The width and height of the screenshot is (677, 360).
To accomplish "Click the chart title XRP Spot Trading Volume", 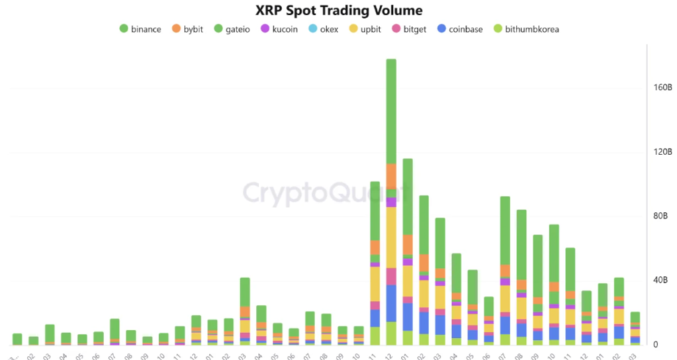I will (338, 10).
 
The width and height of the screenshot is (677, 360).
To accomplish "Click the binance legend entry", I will (140, 29).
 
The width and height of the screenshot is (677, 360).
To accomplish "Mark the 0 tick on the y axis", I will (663, 345).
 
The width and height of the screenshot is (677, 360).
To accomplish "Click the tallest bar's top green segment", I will (391, 111).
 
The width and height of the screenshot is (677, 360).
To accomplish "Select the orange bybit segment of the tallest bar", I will (391, 176).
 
